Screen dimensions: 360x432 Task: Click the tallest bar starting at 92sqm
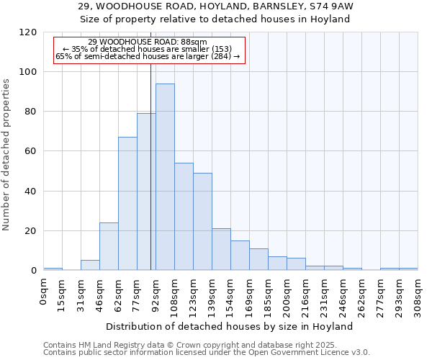pos(165,177)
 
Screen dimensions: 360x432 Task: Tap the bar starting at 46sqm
pos(109,246)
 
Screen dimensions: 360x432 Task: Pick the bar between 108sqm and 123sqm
pos(184,217)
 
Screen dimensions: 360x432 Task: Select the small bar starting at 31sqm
pos(90,265)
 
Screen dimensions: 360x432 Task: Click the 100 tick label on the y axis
pos(28,72)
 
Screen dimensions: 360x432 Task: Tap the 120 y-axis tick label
pos(28,32)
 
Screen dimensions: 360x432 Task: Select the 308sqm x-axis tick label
pos(418,296)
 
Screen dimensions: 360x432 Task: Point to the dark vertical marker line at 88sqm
pos(150,180)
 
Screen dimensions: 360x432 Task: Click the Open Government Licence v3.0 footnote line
pos(207,353)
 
